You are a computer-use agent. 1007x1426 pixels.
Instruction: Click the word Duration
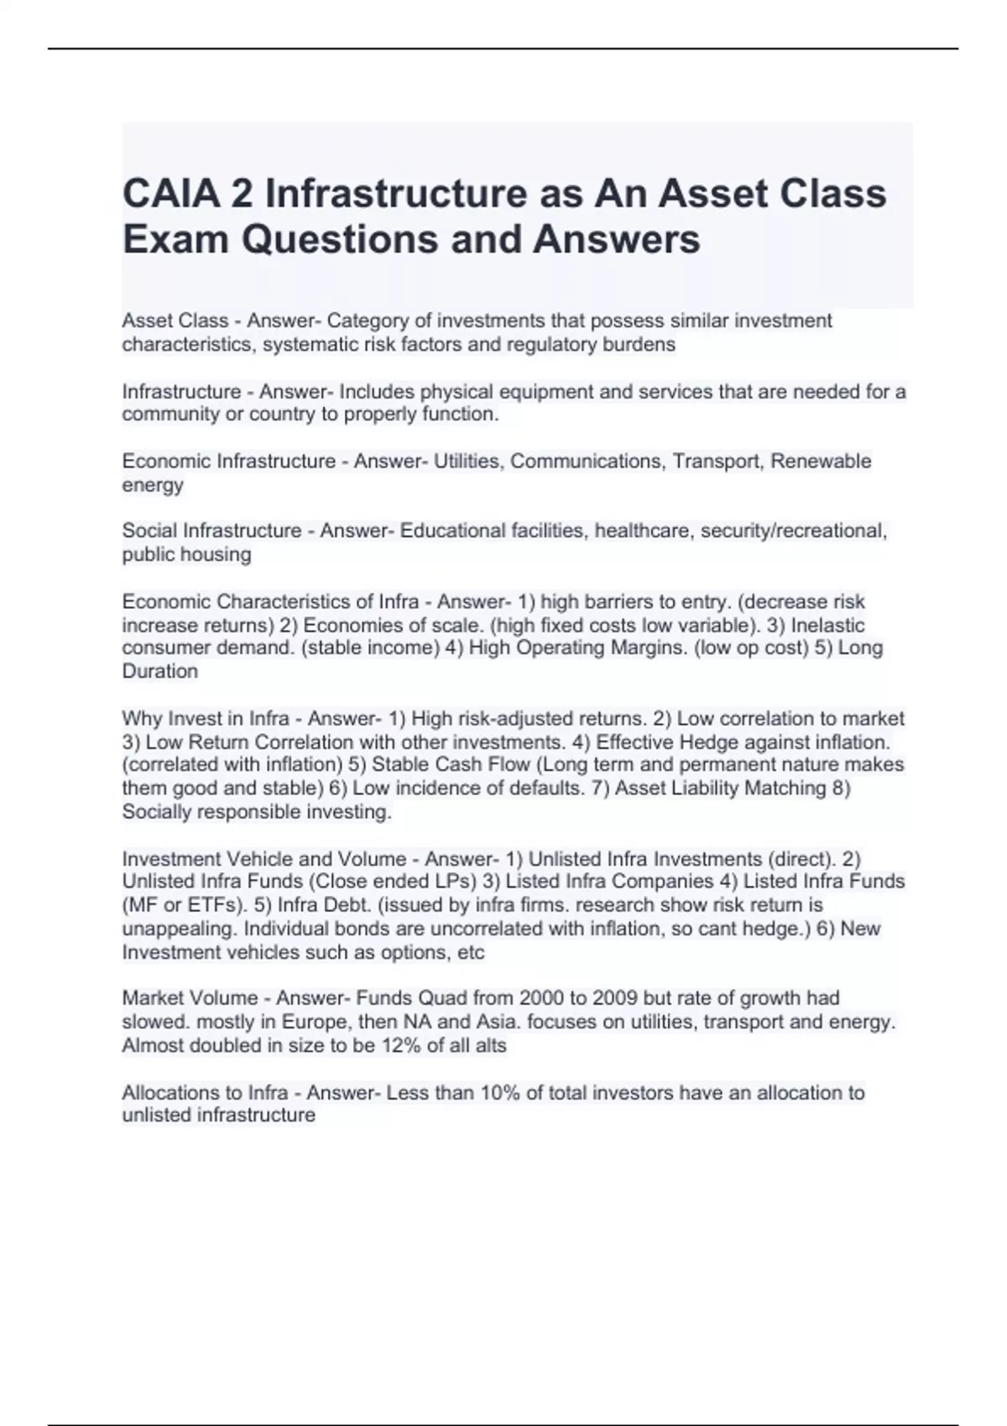[159, 672]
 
